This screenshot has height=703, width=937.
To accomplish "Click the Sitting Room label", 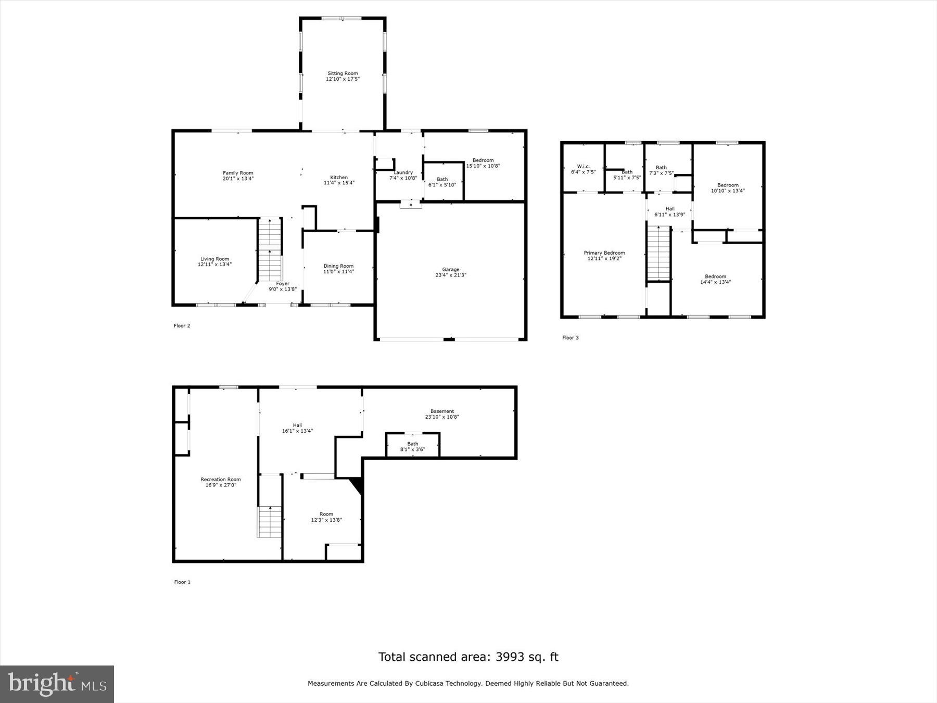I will point(343,73).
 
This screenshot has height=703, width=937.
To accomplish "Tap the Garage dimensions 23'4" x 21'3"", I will point(451,275).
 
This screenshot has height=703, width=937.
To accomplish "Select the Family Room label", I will point(238,173).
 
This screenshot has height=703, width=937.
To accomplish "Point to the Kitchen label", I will point(339,177).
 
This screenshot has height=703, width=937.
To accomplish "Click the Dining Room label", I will point(338,266).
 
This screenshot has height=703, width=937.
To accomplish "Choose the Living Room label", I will point(214,259).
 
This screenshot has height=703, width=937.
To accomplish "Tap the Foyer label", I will point(283,284).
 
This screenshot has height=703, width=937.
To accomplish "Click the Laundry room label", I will point(403,172).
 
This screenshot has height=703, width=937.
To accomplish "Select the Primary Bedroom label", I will point(604,253).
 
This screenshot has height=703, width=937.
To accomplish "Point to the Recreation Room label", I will point(221,479).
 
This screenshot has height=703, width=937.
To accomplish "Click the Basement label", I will point(442,411).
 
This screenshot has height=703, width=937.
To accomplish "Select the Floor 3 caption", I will point(570,337).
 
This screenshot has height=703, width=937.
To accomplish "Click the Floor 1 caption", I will point(182,582).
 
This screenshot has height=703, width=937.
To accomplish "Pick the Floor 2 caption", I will point(182,326).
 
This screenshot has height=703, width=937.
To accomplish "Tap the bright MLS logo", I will point(57,684).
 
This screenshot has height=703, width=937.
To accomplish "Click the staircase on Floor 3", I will point(659,253).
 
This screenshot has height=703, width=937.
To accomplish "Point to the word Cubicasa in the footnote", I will point(429,683).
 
